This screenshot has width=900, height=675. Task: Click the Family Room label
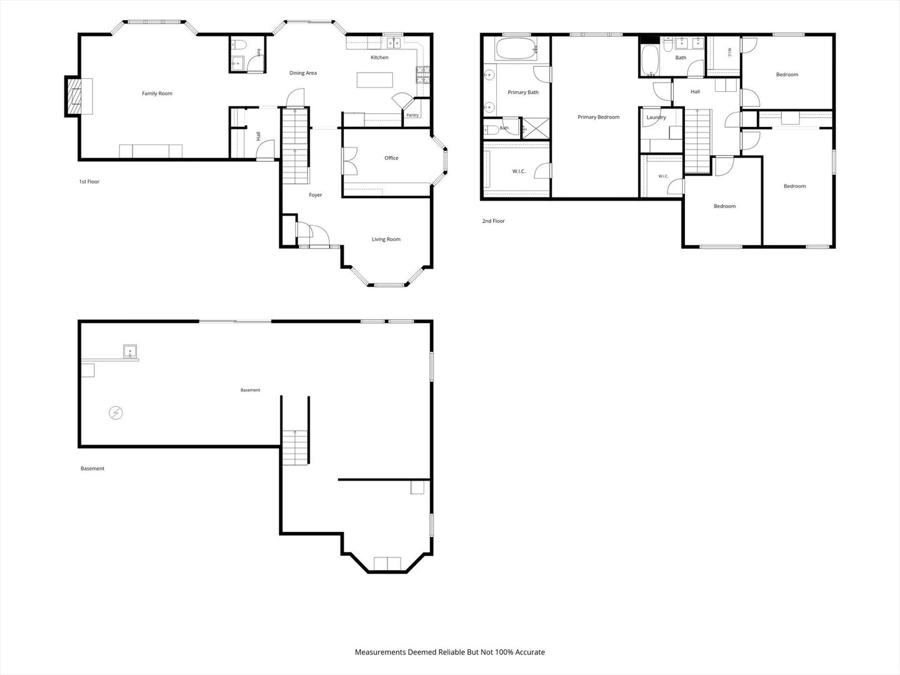click(157, 94)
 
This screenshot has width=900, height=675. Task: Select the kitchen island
click(375, 80)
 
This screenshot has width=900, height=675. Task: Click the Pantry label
click(412, 115)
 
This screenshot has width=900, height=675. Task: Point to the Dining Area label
click(303, 73)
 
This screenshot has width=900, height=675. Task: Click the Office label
click(391, 157)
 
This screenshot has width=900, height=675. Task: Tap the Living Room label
click(386, 239)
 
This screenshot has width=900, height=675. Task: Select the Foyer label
click(315, 195)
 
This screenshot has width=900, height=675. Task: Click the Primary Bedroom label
click(598, 117)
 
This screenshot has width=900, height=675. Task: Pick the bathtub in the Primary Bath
click(516, 49)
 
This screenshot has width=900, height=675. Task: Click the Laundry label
click(656, 117)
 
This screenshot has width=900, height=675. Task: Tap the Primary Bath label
click(522, 92)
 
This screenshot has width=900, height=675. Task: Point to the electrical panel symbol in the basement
click(116, 412)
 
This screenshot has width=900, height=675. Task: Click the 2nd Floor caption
click(493, 221)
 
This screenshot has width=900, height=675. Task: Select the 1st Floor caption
click(89, 181)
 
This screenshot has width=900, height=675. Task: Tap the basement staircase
click(295, 447)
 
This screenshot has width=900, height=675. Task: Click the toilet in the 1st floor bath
click(238, 45)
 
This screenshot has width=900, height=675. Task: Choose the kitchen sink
click(394, 42)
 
